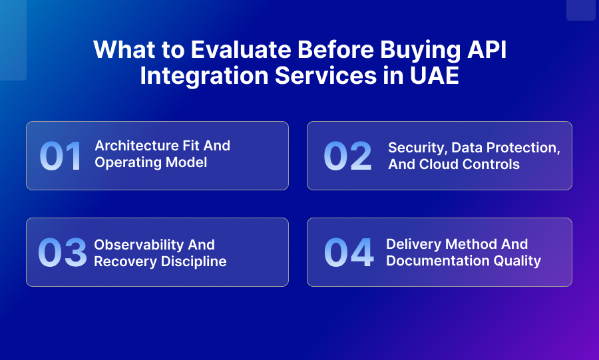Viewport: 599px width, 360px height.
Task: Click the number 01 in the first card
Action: tap(61, 156)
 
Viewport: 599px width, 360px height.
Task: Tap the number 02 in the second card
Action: tap(347, 156)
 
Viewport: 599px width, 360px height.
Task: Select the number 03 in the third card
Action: tap(62, 253)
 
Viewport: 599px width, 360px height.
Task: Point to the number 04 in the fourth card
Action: tap(348, 253)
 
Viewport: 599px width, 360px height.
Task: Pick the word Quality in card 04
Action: tap(520, 261)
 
